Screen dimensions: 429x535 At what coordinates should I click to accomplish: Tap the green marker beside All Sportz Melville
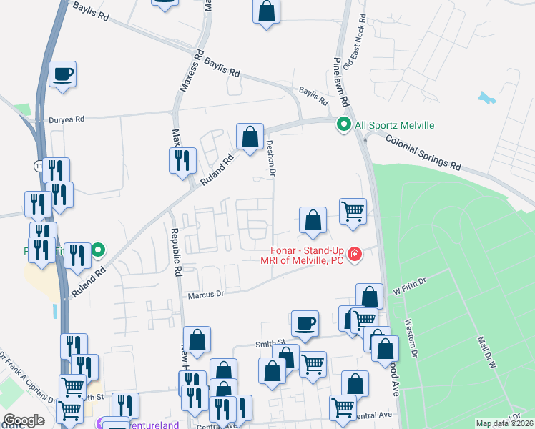coord(343,125)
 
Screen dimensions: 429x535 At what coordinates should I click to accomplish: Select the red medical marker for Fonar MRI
coord(353,254)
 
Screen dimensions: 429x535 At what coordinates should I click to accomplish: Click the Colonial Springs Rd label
coord(423,152)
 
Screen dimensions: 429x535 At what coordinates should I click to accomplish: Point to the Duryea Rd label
coord(67,119)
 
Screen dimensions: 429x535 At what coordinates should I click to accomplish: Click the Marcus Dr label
coord(206,294)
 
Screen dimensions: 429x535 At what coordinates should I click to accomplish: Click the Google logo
coord(23,420)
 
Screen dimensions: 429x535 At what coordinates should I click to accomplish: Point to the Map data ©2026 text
coord(504,423)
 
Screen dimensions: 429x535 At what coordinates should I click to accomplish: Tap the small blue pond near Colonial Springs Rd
coord(487,97)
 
